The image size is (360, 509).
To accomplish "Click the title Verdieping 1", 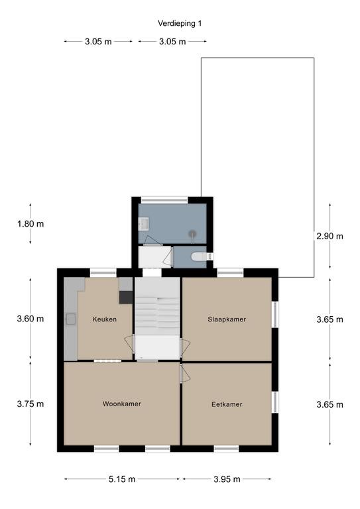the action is [180, 23].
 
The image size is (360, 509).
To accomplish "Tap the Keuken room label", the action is [105, 319].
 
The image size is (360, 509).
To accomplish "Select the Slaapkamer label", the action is [227, 319].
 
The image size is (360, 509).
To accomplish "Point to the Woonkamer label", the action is [122, 404].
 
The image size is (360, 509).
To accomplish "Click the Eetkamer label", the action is [227, 404].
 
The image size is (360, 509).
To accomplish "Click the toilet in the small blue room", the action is [199, 256].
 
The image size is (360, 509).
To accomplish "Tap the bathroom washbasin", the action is [143, 224].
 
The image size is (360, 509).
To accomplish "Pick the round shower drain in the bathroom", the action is [193, 233].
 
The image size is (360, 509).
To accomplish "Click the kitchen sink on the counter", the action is [70, 319].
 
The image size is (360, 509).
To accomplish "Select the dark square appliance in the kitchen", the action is [126, 298].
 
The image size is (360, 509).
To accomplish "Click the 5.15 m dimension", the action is [122, 479].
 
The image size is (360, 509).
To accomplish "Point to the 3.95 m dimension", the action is [227, 479].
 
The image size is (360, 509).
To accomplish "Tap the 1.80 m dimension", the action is [30, 223].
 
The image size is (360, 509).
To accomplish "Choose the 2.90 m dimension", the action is [330, 236].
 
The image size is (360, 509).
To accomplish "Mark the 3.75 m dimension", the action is [30, 404].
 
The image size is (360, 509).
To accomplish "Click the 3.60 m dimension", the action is [30, 318].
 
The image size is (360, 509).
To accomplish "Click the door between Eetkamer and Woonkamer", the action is [185, 373].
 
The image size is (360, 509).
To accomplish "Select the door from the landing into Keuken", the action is [129, 344].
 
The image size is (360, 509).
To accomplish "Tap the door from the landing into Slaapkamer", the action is [185, 347].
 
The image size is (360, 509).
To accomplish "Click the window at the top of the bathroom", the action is [164, 199].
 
